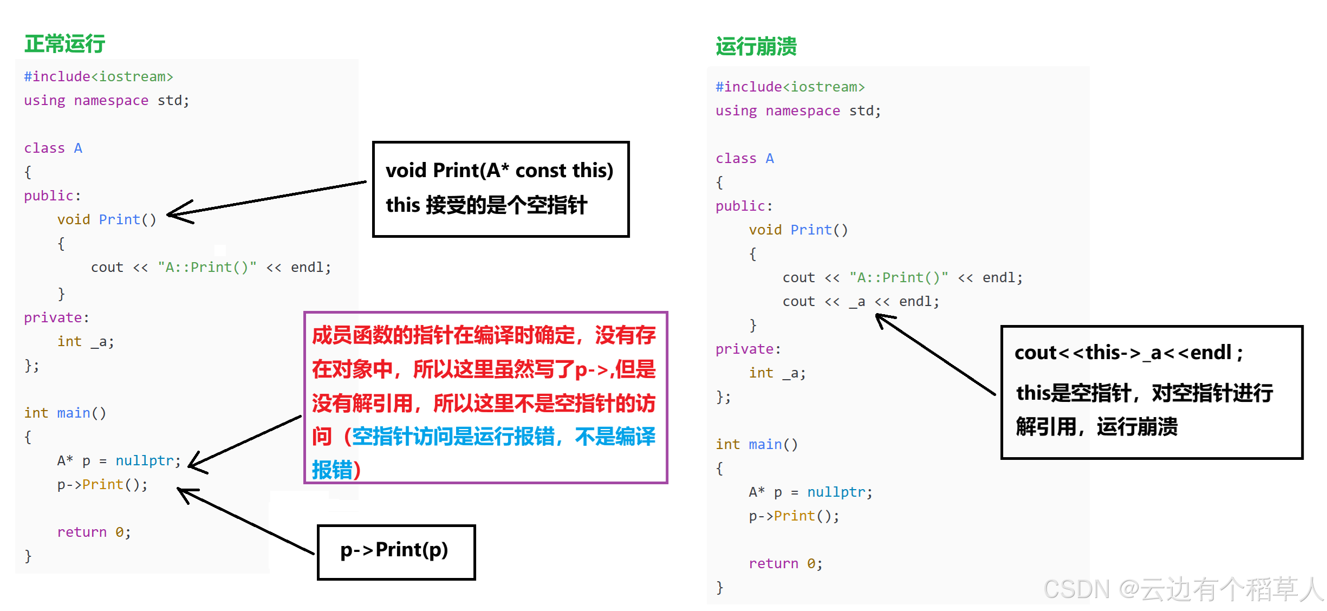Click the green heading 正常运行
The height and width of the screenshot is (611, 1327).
pyautogui.click(x=64, y=44)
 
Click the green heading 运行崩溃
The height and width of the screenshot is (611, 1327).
pyautogui.click(x=756, y=47)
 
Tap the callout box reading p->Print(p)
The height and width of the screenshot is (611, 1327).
pyautogui.click(x=395, y=551)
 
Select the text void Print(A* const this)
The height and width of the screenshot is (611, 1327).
pyautogui.click(x=499, y=171)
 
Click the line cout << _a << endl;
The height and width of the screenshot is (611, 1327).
pyautogui.click(x=860, y=302)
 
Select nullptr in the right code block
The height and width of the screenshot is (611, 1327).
pyautogui.click(x=836, y=492)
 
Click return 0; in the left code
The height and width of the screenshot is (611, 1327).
pyautogui.click(x=94, y=532)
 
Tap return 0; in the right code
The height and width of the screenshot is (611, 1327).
pyautogui.click(x=785, y=563)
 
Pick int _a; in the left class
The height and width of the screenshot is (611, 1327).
pyautogui.click(x=86, y=341)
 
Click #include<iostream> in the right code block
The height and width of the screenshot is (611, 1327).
pyautogui.click(x=790, y=87)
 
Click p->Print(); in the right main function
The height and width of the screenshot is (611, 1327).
pyautogui.click(x=793, y=516)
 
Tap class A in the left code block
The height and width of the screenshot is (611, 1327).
pyautogui.click(x=53, y=148)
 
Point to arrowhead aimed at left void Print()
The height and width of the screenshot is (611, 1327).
pyautogui.click(x=173, y=213)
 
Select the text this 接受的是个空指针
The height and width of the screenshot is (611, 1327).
pyautogui.click(x=486, y=205)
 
